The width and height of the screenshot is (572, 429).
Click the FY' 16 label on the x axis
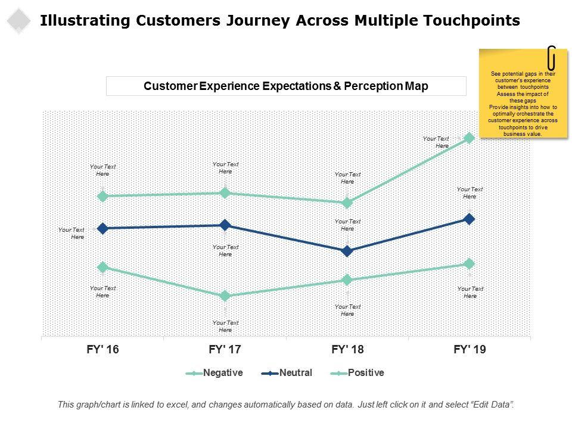(x=102, y=350)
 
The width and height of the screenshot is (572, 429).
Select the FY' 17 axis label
(x=225, y=350)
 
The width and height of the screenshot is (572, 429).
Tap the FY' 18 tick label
(x=347, y=350)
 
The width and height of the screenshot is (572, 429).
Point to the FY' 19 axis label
(x=469, y=350)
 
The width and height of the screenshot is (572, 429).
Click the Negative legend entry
(x=222, y=373)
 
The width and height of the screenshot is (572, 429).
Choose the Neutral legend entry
(x=295, y=373)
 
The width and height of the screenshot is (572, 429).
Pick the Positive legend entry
(x=365, y=373)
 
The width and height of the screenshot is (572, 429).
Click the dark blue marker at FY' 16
(x=102, y=228)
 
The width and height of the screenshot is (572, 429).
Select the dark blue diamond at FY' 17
(x=225, y=225)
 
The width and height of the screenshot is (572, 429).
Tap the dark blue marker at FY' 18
(x=347, y=251)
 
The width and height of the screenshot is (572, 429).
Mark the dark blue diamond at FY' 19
(x=469, y=219)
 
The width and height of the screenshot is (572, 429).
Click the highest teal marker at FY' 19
(x=469, y=138)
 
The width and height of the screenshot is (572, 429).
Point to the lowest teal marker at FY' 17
(x=225, y=296)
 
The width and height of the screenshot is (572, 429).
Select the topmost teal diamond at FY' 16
(x=102, y=196)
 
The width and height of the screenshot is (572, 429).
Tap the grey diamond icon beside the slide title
(x=19, y=21)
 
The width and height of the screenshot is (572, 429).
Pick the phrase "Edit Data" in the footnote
(x=491, y=404)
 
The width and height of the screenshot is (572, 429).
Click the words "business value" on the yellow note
(x=523, y=134)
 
